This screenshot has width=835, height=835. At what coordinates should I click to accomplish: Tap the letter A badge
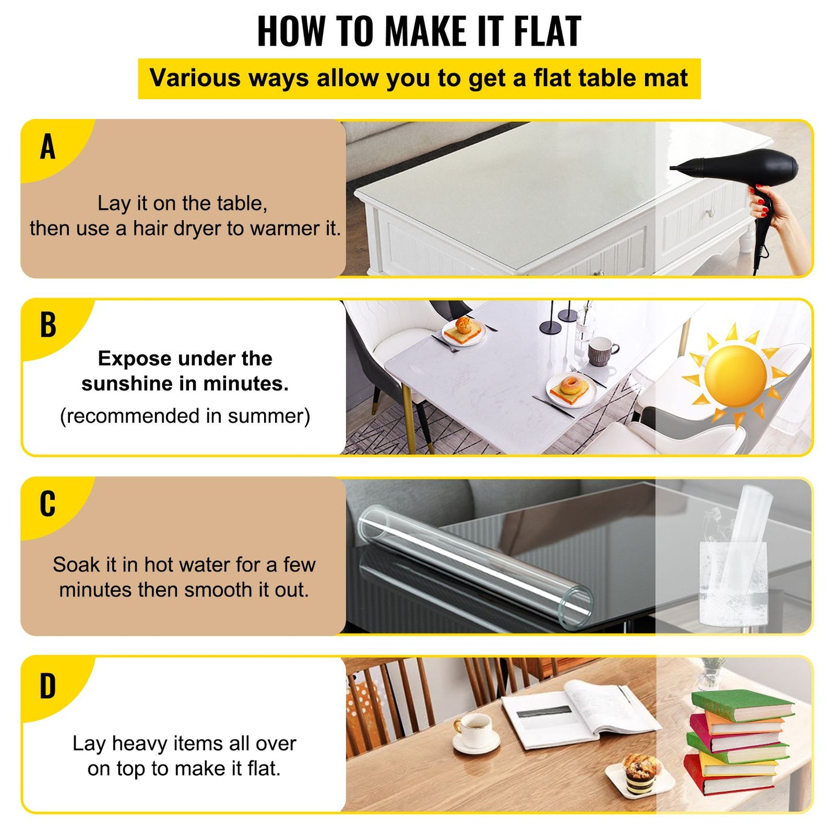pyautogui.click(x=48, y=147)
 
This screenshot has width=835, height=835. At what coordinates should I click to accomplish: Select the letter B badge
pyautogui.click(x=48, y=325)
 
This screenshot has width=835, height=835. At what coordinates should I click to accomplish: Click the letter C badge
pyautogui.click(x=48, y=503)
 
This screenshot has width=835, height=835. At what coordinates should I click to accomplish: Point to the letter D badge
pyautogui.click(x=48, y=686)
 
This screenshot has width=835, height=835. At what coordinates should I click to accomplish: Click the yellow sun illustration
pyautogui.click(x=735, y=376)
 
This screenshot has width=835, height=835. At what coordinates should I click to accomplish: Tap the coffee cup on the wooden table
pyautogui.click(x=475, y=731)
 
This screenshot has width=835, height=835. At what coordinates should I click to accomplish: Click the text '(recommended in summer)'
pyautogui.click(x=185, y=416)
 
